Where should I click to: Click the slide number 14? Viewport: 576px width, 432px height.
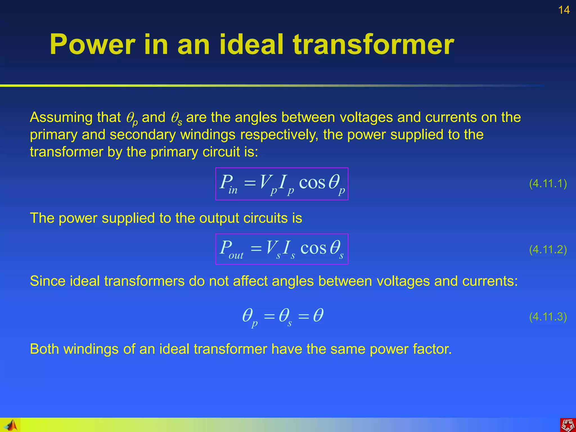(x=564, y=10)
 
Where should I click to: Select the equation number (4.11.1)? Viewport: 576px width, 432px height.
(x=548, y=184)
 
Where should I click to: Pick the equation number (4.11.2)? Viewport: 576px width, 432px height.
(x=548, y=249)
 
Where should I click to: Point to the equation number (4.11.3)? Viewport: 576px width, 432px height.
(x=548, y=317)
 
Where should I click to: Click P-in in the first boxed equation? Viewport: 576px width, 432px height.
(x=228, y=184)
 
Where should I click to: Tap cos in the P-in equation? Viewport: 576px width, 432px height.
(x=312, y=183)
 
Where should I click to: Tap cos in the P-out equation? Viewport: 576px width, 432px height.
(x=313, y=249)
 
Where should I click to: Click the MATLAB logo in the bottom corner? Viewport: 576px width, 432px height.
(x=11, y=425)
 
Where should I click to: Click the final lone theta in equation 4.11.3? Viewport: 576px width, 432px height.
(x=318, y=315)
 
